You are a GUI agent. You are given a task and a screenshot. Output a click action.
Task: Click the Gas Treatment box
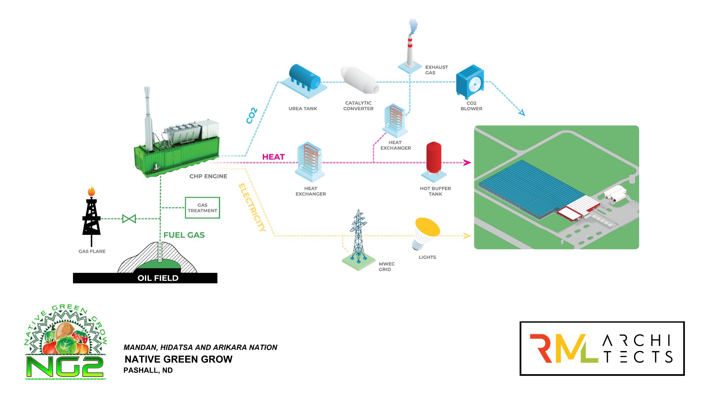pyautogui.click(x=202, y=208)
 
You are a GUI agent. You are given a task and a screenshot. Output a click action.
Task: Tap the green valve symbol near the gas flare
pyautogui.click(x=129, y=219)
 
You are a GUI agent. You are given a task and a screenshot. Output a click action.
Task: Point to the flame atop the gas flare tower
pyautogui.click(x=91, y=191)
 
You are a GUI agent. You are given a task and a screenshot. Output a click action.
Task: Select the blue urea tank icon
pyautogui.click(x=305, y=78)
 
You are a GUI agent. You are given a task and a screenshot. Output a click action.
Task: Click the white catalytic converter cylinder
pyautogui.click(x=359, y=80)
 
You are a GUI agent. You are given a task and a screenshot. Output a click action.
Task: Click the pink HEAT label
pyautogui.click(x=273, y=157)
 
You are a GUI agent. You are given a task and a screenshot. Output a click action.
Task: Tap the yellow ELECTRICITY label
pyautogui.click(x=252, y=207)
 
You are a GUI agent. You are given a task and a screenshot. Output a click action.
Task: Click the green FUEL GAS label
pyautogui.click(x=184, y=235)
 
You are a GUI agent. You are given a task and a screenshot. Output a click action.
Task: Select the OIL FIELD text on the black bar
pyautogui.click(x=158, y=278)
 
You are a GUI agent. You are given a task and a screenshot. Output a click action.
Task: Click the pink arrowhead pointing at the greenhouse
pyautogui.click(x=467, y=163)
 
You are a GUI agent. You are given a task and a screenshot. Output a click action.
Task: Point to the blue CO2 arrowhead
pyautogui.click(x=521, y=113)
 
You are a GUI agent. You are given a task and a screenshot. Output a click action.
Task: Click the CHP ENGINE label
pyautogui.click(x=208, y=177)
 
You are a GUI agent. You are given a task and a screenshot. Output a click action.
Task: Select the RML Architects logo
pyautogui.click(x=602, y=349)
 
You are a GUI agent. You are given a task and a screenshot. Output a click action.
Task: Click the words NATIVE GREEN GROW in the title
pyautogui.click(x=179, y=359)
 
